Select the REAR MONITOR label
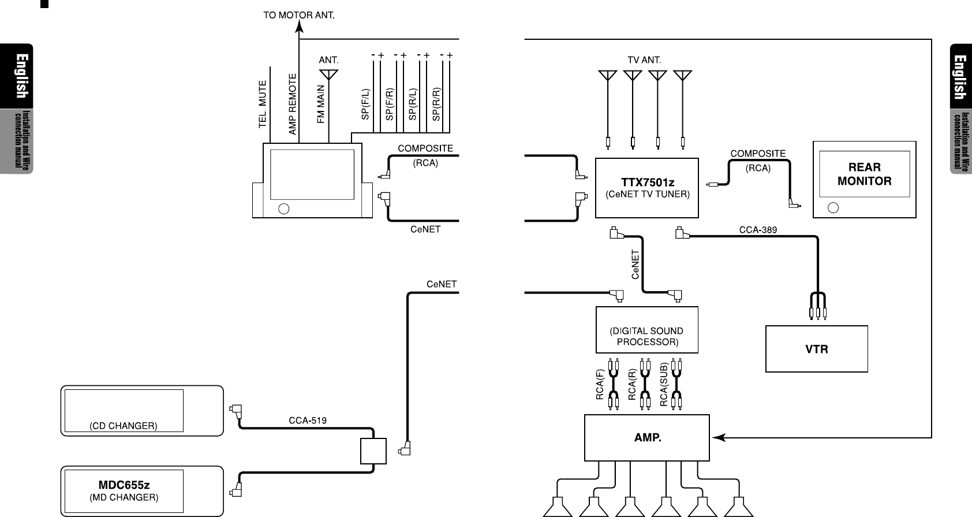tap(864, 174)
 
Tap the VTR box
tap(816, 349)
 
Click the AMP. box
tap(647, 437)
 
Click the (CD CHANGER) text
tap(123, 426)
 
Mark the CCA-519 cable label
tap(307, 421)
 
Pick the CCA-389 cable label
tap(758, 229)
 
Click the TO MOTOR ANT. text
tap(299, 16)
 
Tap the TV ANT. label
tap(644, 59)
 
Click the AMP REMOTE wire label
tap(293, 104)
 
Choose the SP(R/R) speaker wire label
tap(436, 104)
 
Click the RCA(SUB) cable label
tap(664, 384)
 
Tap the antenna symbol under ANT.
tap(328, 74)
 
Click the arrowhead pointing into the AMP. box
tap(717, 438)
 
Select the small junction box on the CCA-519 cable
tap(373, 451)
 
